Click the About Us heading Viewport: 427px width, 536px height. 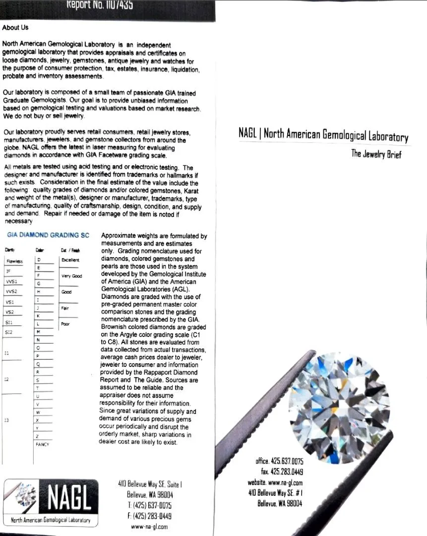click(15, 28)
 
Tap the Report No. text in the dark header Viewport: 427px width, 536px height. click(99, 5)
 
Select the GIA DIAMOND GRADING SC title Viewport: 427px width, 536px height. click(48, 235)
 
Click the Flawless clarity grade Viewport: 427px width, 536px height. click(11, 261)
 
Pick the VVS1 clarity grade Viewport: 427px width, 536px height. click(11, 280)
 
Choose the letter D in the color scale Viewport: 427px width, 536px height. click(38, 260)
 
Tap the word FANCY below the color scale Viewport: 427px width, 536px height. click(42, 445)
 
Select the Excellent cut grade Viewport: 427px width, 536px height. click(70, 260)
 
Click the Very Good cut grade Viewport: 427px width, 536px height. click(72, 276)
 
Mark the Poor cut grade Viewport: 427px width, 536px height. click(65, 324)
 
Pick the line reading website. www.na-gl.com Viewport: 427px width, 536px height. click(275, 482)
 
